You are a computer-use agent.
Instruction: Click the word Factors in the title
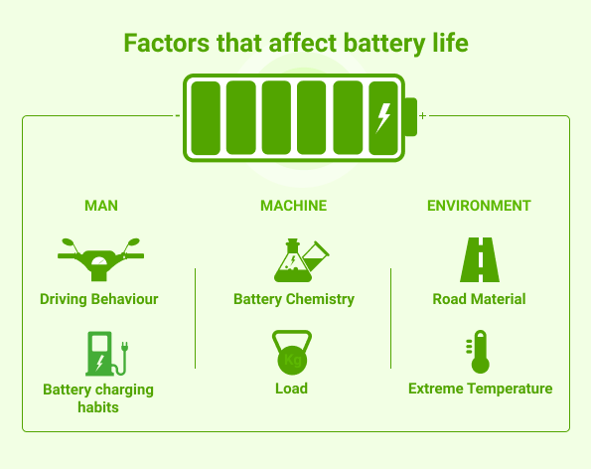(166, 43)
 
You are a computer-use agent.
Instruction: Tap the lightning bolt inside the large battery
(383, 118)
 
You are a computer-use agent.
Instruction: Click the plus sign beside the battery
(422, 115)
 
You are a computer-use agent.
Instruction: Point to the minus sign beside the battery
(178, 115)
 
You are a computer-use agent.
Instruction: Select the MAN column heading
(101, 206)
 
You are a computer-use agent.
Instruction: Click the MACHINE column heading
(294, 206)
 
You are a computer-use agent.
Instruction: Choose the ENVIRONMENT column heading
(479, 206)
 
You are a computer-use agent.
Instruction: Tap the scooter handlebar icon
(100, 259)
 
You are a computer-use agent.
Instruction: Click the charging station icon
(107, 354)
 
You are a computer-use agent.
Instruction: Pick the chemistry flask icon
(301, 260)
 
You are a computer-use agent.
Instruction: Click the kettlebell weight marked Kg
(292, 353)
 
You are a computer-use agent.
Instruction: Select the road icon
(480, 259)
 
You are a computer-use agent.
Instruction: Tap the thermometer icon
(479, 352)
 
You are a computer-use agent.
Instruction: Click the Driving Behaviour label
(99, 299)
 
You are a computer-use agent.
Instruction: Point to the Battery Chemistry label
(294, 299)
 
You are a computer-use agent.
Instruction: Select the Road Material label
(479, 299)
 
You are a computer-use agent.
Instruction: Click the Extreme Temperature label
(481, 389)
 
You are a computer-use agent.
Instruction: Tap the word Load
(291, 389)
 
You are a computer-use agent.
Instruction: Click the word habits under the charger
(98, 407)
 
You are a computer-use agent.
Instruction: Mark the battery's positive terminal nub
(411, 117)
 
